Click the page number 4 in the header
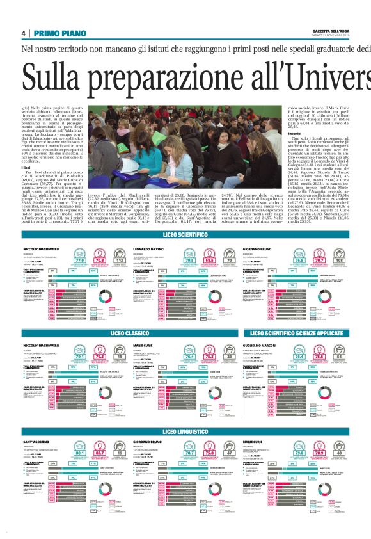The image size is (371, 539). click(x=23, y=33)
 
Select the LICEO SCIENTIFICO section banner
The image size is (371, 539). click(x=185, y=236)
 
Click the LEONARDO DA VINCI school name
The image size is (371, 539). click(x=148, y=247)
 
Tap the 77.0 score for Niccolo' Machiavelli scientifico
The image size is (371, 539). click(x=80, y=261)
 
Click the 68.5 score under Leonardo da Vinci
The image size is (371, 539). click(x=209, y=261)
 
